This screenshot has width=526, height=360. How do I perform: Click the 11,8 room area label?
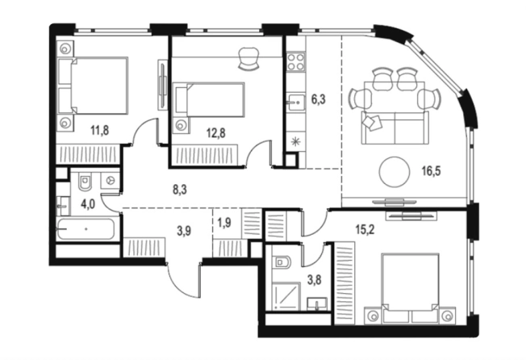[99, 129]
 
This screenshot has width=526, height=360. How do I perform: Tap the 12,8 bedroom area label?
[215, 133]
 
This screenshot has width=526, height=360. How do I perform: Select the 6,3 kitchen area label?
[319, 99]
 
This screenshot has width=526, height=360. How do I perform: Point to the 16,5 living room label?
[431, 171]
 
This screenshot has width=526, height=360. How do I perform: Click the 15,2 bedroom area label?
[365, 230]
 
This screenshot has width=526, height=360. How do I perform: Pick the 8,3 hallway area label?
[180, 190]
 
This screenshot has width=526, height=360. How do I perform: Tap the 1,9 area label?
[224, 223]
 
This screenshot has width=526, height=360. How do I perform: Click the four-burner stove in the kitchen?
[296, 61]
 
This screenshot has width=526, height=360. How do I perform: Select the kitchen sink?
[295, 101]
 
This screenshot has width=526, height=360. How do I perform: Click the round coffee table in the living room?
[394, 172]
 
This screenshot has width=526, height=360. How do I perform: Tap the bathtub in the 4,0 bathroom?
[86, 229]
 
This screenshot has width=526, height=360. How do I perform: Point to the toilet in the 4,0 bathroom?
[84, 182]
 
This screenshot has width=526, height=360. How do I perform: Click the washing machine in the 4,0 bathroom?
[111, 181]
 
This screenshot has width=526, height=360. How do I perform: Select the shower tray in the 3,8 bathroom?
[286, 295]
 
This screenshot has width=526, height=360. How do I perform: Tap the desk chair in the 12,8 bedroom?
[248, 58]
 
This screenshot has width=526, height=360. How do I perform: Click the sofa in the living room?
[395, 128]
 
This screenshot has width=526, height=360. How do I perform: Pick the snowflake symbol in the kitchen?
[295, 142]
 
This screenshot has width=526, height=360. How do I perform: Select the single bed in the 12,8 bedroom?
[209, 99]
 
